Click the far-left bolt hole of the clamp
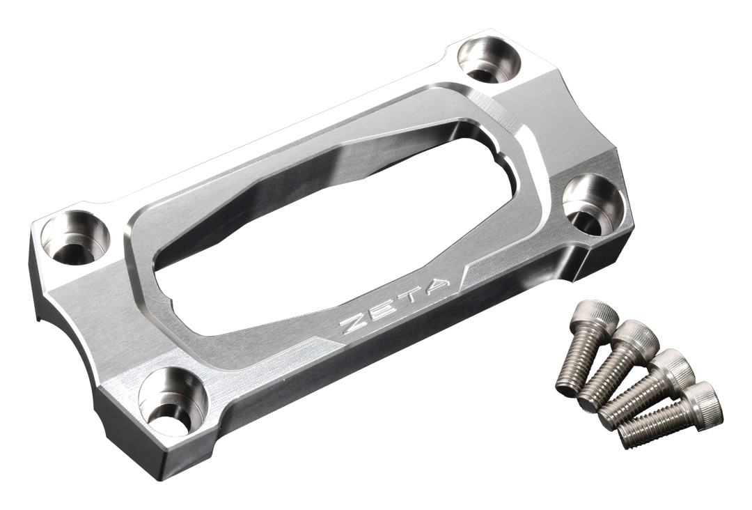[x=75, y=238]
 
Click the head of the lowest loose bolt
[x=700, y=400]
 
